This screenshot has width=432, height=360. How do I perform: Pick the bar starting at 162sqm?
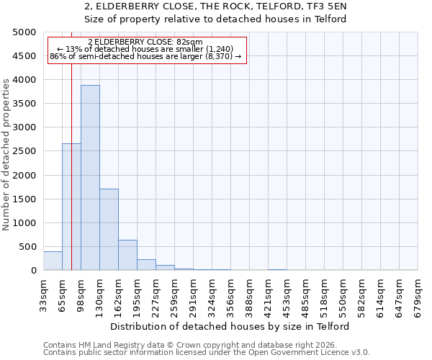tap(127, 255)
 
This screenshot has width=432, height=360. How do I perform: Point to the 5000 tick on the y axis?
tap(25, 32)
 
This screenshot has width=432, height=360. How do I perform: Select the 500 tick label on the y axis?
tap(28, 247)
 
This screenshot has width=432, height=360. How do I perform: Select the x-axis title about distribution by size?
tap(230, 326)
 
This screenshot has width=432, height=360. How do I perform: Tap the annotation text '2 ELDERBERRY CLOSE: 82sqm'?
tap(145, 42)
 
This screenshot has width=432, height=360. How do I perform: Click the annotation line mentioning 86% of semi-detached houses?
tap(145, 57)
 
